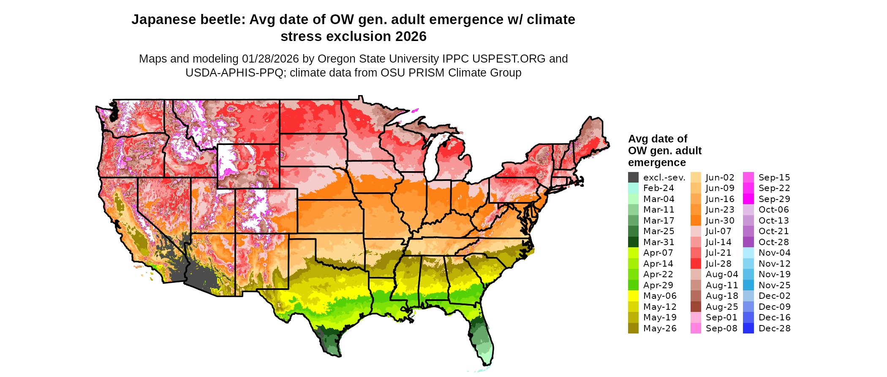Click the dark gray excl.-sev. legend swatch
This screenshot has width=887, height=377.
633,178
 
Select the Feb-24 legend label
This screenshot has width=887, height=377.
658,188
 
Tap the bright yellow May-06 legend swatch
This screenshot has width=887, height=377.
633,296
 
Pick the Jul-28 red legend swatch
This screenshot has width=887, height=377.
696,264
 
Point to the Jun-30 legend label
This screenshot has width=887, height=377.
720,221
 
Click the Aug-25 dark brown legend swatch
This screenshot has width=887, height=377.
696,307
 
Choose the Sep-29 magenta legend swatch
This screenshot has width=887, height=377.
748,199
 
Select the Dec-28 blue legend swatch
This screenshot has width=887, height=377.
748,328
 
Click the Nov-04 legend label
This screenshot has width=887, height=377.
774,253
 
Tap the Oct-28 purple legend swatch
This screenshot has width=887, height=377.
748,242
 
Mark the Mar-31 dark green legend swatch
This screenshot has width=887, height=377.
633,242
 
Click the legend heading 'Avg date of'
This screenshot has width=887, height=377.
657,139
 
